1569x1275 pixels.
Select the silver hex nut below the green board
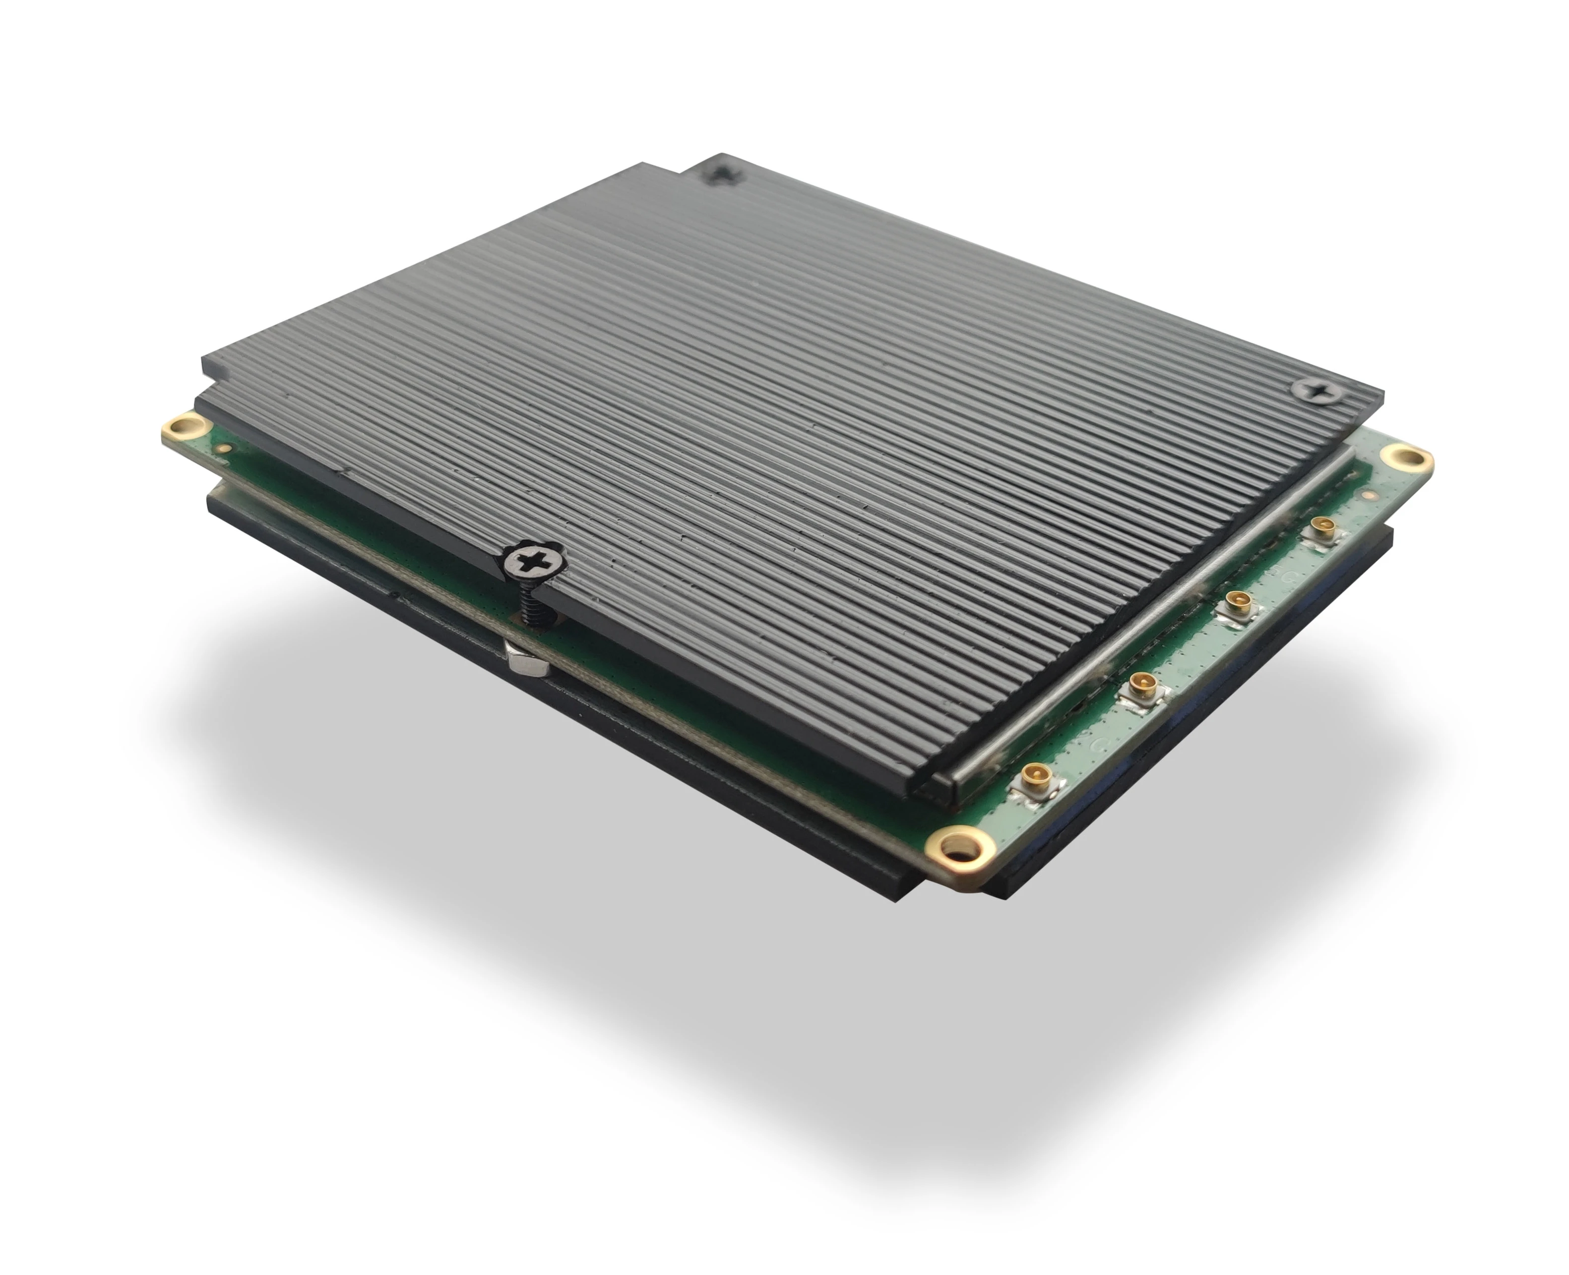tap(527, 657)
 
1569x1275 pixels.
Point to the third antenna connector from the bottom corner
tap(1236, 604)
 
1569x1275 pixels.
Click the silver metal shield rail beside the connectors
tap(1146, 624)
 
